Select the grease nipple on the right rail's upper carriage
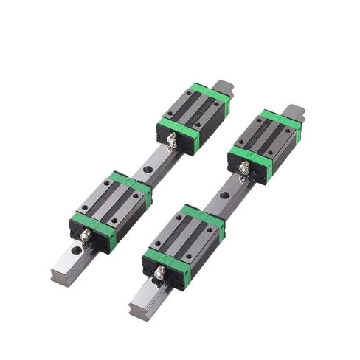(x=243, y=170)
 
